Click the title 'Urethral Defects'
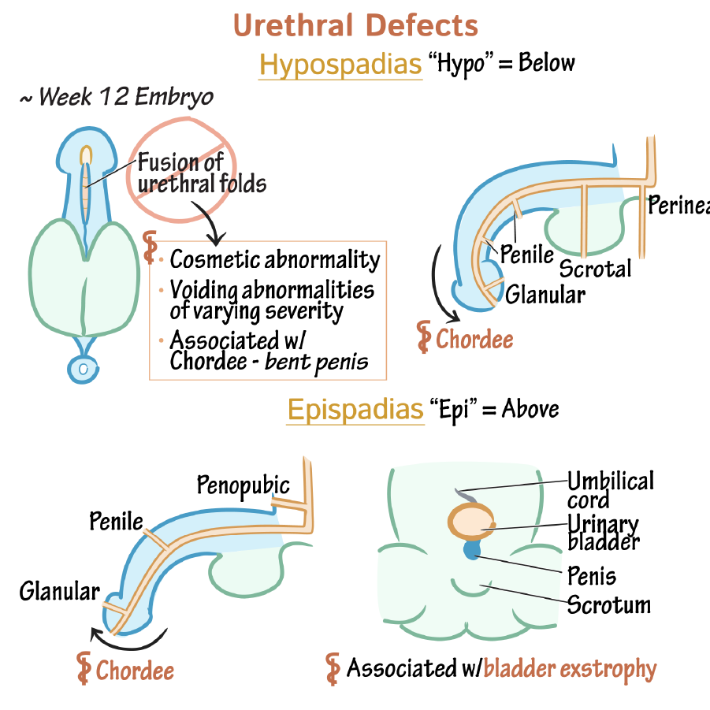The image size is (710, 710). (x=355, y=25)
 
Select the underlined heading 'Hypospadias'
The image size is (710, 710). (x=340, y=65)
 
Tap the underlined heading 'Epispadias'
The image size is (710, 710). (x=355, y=410)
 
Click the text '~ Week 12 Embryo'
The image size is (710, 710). (x=117, y=97)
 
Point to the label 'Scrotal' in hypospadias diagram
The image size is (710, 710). (x=595, y=269)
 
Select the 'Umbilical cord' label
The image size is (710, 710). (x=610, y=489)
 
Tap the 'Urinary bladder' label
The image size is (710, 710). (x=604, y=532)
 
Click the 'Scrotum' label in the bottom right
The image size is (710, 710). (x=609, y=605)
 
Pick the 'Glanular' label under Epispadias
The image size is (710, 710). (x=60, y=591)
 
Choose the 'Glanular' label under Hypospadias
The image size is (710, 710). (x=545, y=295)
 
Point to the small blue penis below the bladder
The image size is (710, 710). (x=472, y=551)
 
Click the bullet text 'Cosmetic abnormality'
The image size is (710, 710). (x=275, y=259)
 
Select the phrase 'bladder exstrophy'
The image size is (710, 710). (x=570, y=669)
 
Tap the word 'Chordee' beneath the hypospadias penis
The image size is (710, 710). (x=474, y=340)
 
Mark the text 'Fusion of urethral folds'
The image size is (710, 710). (x=202, y=173)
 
